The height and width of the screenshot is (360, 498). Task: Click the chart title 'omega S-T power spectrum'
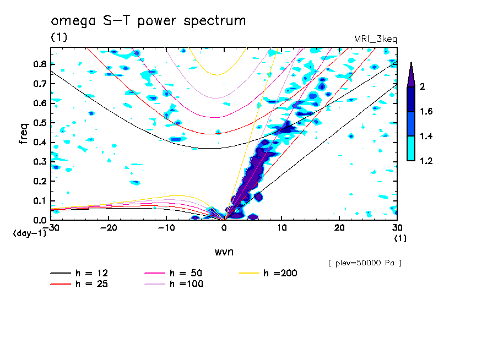pyautogui.click(x=148, y=21)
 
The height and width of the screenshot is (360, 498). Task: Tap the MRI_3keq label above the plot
pyautogui.click(x=375, y=39)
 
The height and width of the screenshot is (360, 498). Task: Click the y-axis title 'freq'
pyautogui.click(x=23, y=133)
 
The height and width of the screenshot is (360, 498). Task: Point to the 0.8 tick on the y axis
pyautogui.click(x=39, y=64)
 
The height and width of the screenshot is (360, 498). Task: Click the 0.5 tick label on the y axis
pyautogui.click(x=39, y=123)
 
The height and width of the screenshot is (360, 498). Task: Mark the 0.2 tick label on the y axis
pyautogui.click(x=39, y=181)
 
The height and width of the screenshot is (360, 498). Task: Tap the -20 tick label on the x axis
pyautogui.click(x=108, y=227)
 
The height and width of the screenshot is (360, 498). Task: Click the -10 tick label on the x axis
pyautogui.click(x=166, y=227)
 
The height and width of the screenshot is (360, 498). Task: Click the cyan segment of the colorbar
pyautogui.click(x=410, y=148)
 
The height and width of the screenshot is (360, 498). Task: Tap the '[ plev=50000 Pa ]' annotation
pyautogui.click(x=365, y=263)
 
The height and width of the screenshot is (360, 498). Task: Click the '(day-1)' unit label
pyautogui.click(x=28, y=233)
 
